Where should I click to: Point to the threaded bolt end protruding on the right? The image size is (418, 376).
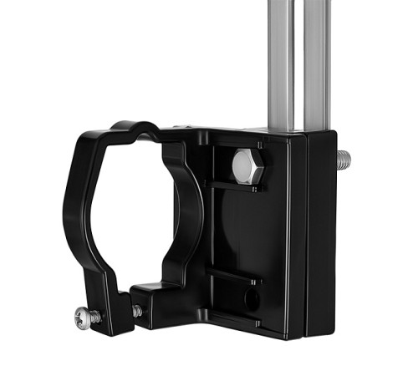pyautogui.click(x=344, y=159)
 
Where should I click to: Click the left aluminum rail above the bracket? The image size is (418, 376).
pyautogui.click(x=281, y=58)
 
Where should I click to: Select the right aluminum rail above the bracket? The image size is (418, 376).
pyautogui.click(x=317, y=58)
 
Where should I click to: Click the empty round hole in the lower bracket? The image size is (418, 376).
pyautogui.click(x=250, y=297)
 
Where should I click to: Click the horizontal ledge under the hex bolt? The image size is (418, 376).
pyautogui.click(x=242, y=185)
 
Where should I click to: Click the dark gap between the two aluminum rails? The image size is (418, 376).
pyautogui.click(x=298, y=58)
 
